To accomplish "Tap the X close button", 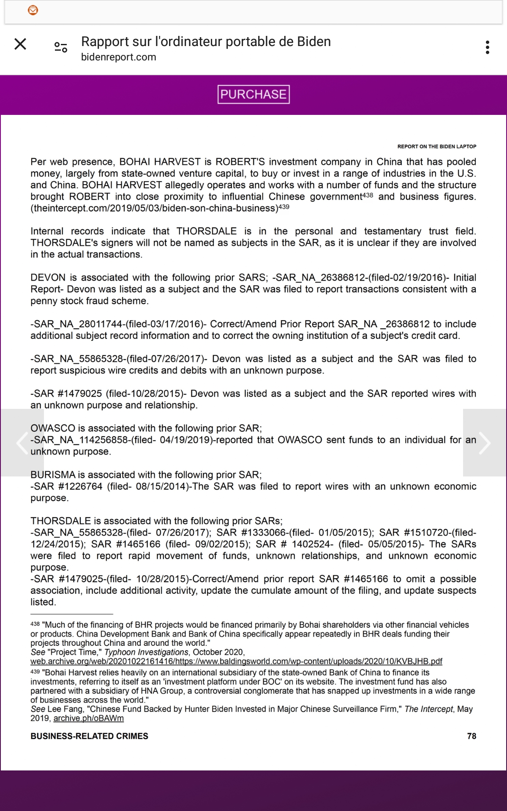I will pos(20,44).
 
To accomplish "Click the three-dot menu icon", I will pos(488,47).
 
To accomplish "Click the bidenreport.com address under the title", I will pos(118,57).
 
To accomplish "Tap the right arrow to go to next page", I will pos(485,443).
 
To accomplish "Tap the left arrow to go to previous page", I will pos(22,443).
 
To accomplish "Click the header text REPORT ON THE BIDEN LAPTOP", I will pos(436,147).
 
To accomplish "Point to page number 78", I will pos(472,736).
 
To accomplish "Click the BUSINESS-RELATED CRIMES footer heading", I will pos(89,736).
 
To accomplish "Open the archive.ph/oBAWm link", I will pos(88,718).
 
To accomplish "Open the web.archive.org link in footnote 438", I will pos(236,661).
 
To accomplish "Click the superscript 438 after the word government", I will pos(368,196).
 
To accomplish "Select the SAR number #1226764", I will pos(80,486).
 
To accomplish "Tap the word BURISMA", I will pos(53,474).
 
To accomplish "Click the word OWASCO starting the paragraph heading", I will pos(52,428).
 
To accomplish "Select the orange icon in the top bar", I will pos(33,10).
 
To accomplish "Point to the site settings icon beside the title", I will pos(61,47).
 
